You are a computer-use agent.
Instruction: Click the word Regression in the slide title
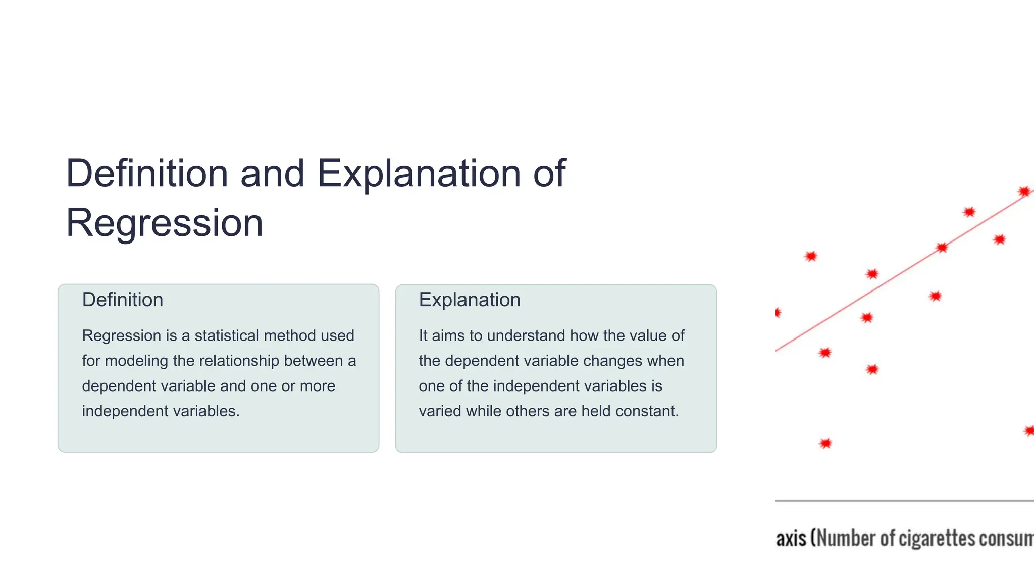[x=165, y=223]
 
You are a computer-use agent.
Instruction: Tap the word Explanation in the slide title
[x=419, y=173]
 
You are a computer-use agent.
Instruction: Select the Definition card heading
[x=123, y=300]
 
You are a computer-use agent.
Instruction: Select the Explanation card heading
[x=470, y=300]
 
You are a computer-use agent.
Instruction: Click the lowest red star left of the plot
[x=825, y=444]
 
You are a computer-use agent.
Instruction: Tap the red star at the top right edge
[x=1024, y=191]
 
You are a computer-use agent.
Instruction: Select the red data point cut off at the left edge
[x=778, y=313]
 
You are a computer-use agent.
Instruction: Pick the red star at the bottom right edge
[x=1029, y=431]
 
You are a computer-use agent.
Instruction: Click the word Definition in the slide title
[x=147, y=173]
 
